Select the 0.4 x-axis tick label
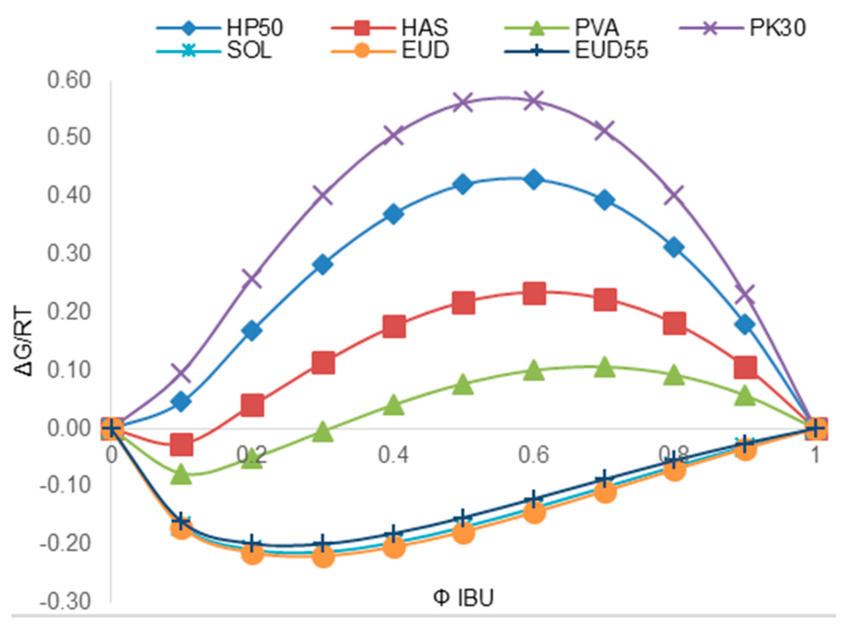pos(393,455)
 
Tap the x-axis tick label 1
pos(815,455)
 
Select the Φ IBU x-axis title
pos(463,597)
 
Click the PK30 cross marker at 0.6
pos(534,101)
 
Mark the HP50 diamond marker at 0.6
pos(534,180)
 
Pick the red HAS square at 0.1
pos(181,444)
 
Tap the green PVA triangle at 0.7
pos(605,367)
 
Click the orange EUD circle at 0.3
pos(323,556)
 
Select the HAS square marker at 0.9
pos(745,367)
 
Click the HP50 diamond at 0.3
pos(323,264)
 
